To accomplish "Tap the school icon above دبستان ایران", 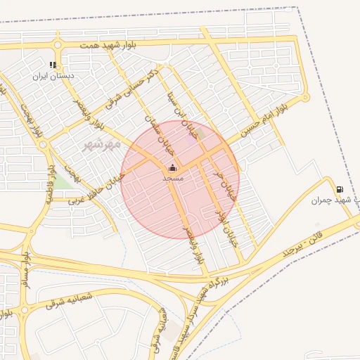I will (x=53, y=65).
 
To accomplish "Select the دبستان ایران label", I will (x=53, y=75).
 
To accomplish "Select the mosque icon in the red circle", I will (x=172, y=168).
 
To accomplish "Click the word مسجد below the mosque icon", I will (x=173, y=179).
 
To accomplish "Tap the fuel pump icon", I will (x=340, y=189).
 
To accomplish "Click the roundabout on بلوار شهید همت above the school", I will (x=56, y=45).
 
